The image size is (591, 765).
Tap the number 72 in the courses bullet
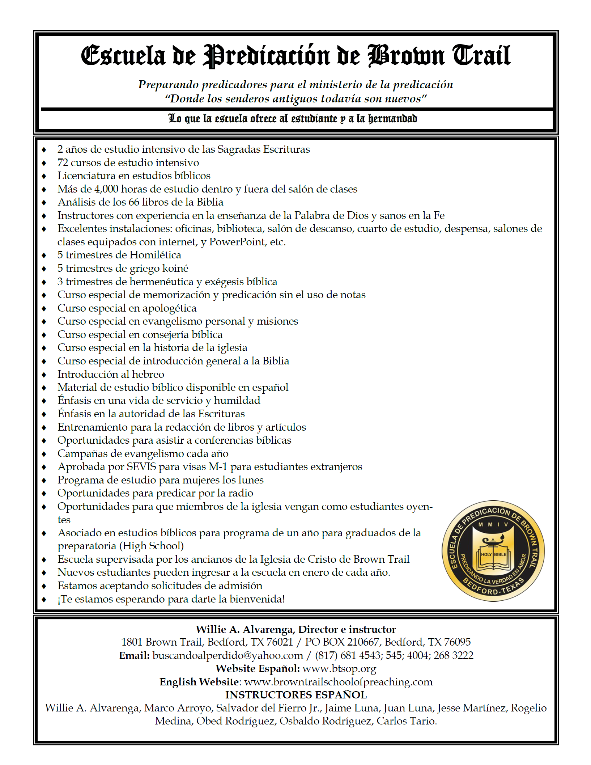click(63, 162)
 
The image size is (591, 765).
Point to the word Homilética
click(155, 255)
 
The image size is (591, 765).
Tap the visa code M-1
click(218, 467)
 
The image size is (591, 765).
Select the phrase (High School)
click(152, 546)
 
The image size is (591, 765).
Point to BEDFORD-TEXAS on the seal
click(494, 588)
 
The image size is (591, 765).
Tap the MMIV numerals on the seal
click(493, 524)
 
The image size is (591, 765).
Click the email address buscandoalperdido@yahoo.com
click(228, 655)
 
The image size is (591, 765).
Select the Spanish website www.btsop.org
click(339, 669)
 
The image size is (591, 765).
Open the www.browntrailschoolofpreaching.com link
click(338, 682)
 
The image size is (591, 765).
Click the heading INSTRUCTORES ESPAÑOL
click(296, 695)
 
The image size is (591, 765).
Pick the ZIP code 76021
click(279, 642)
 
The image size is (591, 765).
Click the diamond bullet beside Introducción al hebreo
click(44, 375)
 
